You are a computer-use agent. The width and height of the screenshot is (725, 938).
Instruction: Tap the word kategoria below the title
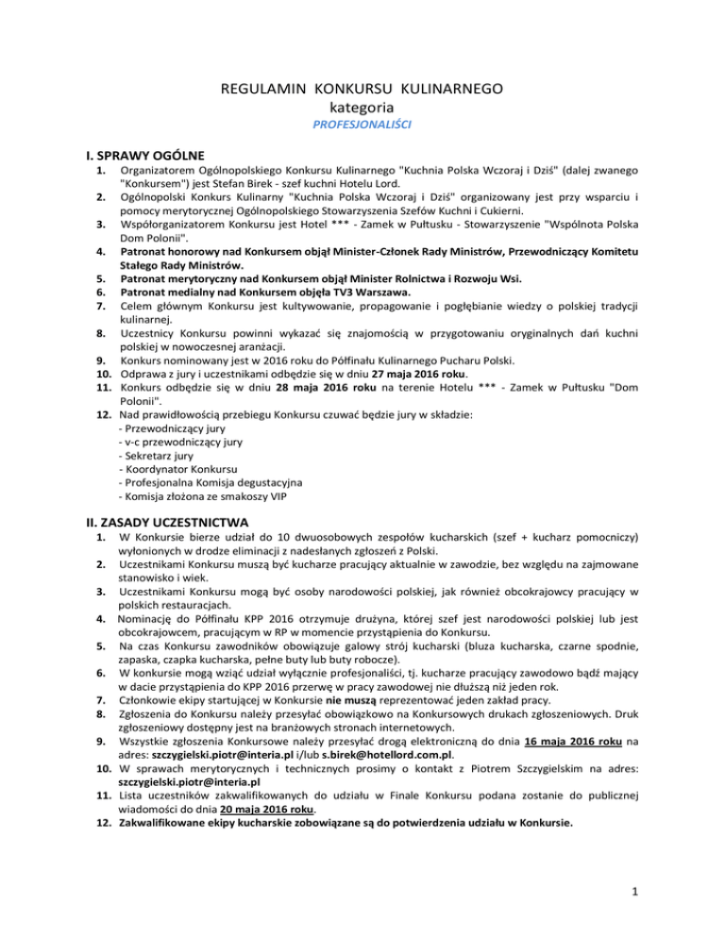click(362, 107)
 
